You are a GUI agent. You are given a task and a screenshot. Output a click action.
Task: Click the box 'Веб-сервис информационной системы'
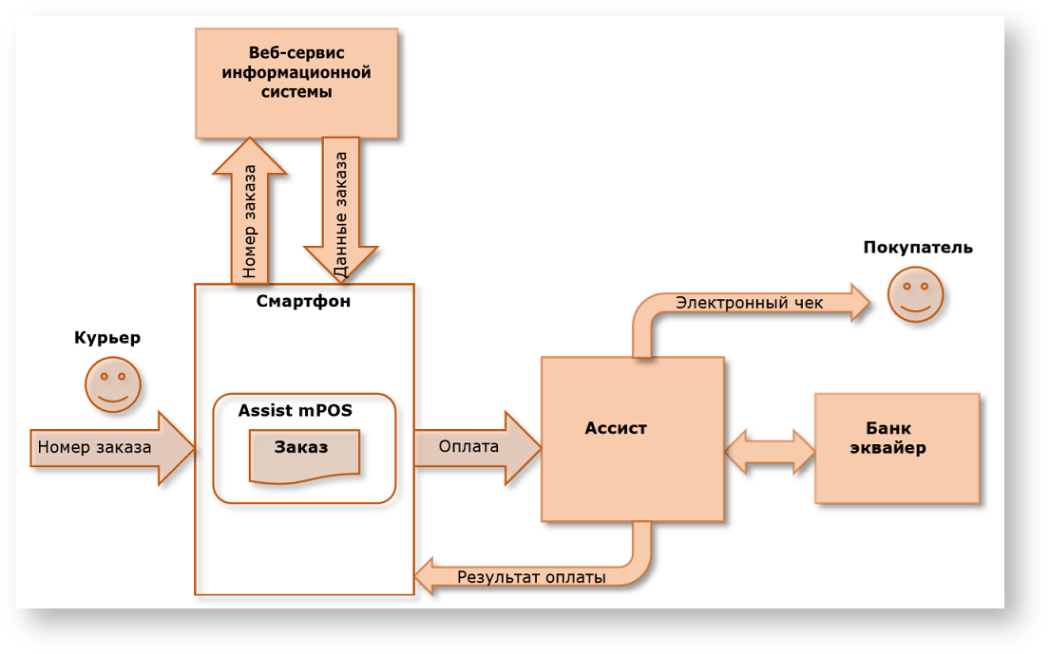pyautogui.click(x=296, y=84)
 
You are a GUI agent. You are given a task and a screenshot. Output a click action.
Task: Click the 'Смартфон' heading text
pyautogui.click(x=303, y=302)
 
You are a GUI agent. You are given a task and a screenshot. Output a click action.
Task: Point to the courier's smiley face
pyautogui.click(x=113, y=384)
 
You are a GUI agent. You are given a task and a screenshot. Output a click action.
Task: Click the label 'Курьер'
pyautogui.click(x=107, y=338)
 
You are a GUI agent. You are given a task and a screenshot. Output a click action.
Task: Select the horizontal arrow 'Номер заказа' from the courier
pyautogui.click(x=105, y=447)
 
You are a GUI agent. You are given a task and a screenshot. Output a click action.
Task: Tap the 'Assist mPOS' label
pyautogui.click(x=295, y=411)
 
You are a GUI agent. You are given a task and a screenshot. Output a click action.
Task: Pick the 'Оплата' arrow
pyautogui.click(x=471, y=447)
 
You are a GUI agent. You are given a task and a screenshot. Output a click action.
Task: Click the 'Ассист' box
pyautogui.click(x=633, y=439)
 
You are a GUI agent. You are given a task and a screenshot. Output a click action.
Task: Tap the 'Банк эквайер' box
pyautogui.click(x=896, y=448)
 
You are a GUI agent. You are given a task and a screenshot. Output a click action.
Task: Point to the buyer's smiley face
pyautogui.click(x=915, y=294)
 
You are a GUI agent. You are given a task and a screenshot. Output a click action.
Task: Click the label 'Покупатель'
pyautogui.click(x=918, y=248)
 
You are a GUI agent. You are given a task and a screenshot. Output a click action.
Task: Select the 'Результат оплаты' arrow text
pyautogui.click(x=531, y=577)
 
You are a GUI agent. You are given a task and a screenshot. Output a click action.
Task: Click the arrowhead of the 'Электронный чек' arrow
pyautogui.click(x=859, y=303)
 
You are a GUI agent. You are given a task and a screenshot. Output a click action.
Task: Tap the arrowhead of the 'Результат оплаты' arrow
pyautogui.click(x=424, y=577)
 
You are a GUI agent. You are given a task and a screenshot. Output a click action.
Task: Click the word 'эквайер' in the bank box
pyautogui.click(x=888, y=449)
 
